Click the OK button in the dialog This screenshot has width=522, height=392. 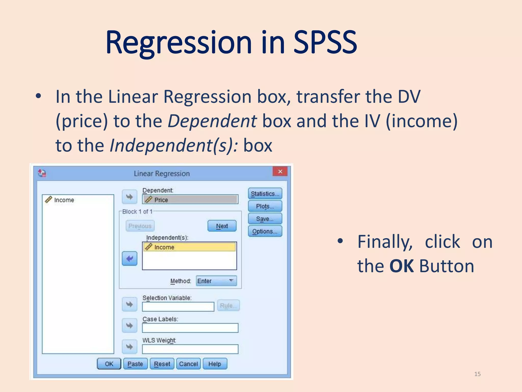coord(109,364)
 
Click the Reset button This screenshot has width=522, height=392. coord(162,364)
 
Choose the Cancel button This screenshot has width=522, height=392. coord(188,364)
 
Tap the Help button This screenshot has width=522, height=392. coord(215,364)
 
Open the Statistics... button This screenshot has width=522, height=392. coord(265,194)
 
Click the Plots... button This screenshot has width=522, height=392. coord(265,206)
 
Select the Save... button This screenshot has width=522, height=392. coord(265,219)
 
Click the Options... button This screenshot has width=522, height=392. coord(265,231)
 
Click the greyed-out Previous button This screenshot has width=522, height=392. coord(140,226)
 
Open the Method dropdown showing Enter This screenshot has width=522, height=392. coord(216,281)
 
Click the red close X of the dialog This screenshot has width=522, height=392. coord(280,171)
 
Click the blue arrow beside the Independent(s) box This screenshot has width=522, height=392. coord(129,259)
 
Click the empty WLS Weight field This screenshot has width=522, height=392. coord(190,349)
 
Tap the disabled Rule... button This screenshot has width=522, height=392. coord(228,305)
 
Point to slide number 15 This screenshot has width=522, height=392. coord(477,374)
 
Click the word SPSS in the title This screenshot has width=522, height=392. coord(325,43)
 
